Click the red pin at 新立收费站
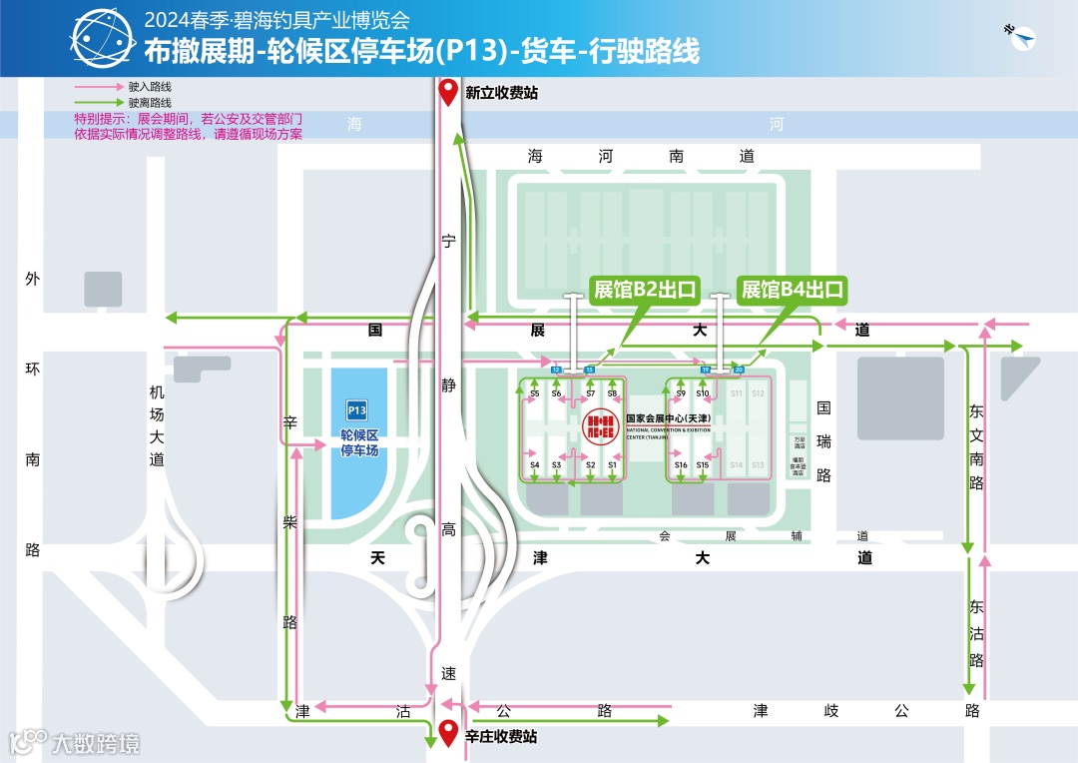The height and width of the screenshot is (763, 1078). click(449, 91)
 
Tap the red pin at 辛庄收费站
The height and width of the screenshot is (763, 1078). click(449, 732)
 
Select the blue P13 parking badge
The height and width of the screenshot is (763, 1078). click(357, 409)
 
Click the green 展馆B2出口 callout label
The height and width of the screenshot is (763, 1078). click(644, 290)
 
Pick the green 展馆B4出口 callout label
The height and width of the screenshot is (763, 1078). click(792, 290)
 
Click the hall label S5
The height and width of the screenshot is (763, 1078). click(535, 394)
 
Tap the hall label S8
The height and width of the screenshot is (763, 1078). click(612, 394)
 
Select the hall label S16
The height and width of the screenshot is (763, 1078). click(681, 465)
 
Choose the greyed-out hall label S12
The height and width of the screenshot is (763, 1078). click(759, 394)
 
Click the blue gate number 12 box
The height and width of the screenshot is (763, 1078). click(556, 370)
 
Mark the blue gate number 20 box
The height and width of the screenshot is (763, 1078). click(739, 370)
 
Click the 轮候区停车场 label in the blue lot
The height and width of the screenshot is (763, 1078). click(359, 442)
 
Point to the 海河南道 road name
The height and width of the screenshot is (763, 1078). click(641, 157)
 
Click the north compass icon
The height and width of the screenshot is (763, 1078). click(1022, 37)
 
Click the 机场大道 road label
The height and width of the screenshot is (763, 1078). click(156, 425)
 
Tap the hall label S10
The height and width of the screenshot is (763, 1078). click(703, 394)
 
